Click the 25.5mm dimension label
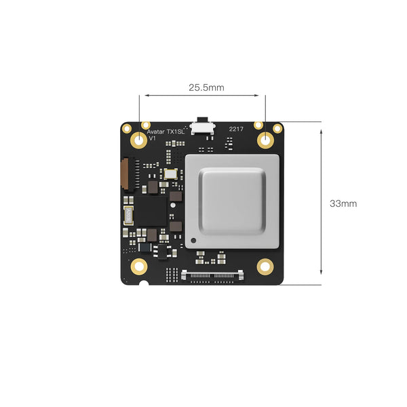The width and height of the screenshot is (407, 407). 206,88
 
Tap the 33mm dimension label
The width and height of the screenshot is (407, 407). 343,203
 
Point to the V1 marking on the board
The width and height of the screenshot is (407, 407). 153,138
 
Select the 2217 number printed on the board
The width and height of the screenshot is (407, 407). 236,128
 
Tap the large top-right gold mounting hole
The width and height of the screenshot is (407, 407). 265,140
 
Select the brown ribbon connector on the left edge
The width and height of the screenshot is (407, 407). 124,174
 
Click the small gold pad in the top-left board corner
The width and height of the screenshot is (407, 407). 127,128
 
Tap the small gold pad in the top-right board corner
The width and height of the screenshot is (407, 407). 277,128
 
